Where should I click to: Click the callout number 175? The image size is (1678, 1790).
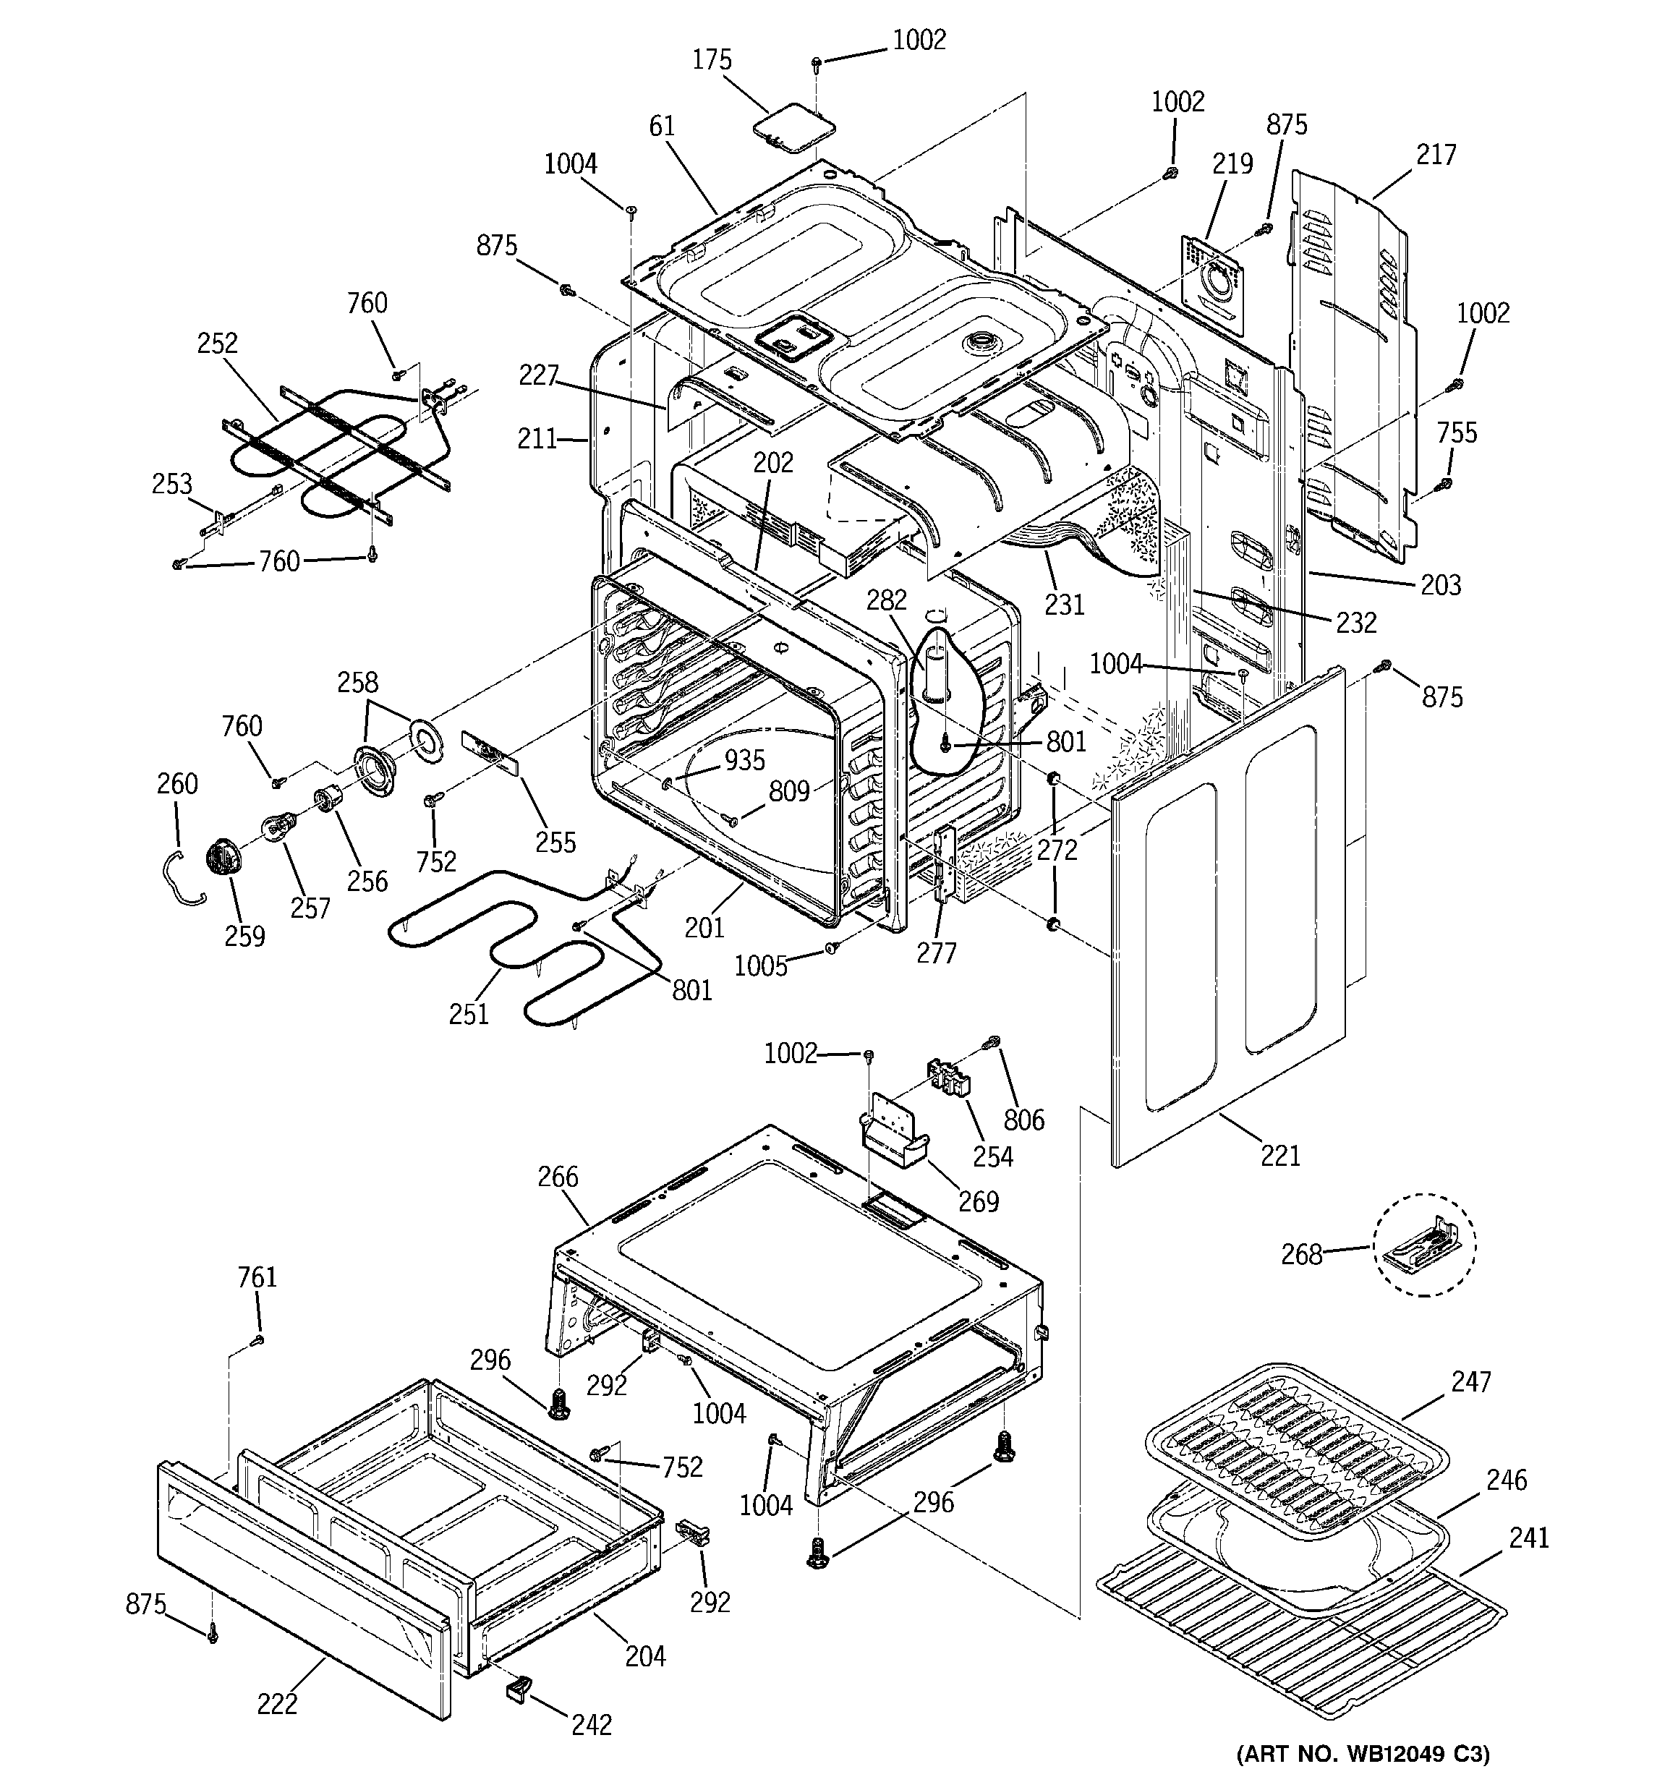coord(712,60)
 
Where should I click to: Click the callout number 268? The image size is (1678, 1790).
coord(1301,1253)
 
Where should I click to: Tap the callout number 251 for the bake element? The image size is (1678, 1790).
coord(469,1014)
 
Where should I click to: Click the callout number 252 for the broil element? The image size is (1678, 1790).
coord(217,343)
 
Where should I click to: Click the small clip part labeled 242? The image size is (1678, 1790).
coord(518,1684)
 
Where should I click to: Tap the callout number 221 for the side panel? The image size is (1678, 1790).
coord(1280,1154)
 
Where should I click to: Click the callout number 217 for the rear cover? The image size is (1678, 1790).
coord(1435,155)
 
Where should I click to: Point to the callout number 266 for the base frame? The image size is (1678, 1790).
coord(558,1177)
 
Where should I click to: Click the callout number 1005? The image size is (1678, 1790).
coord(760,966)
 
